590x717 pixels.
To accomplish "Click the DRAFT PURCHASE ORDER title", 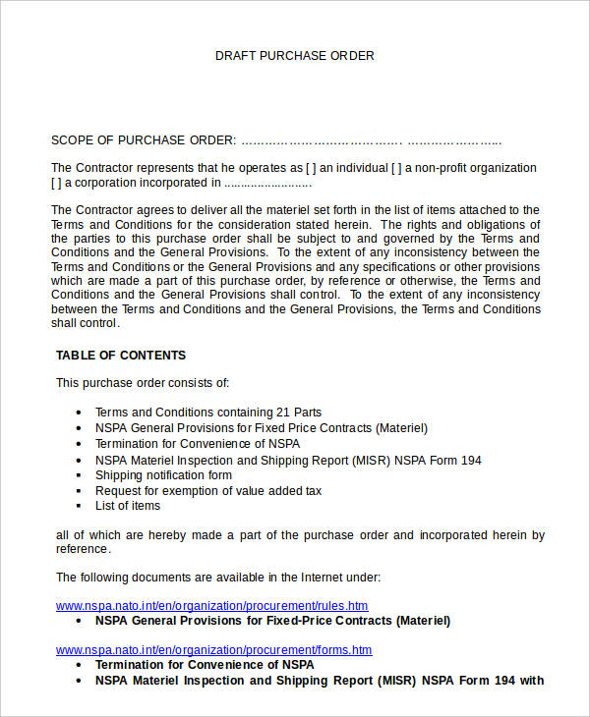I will [x=295, y=56].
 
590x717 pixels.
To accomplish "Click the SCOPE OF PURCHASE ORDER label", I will [x=144, y=140].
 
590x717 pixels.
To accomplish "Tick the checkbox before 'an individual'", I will [x=311, y=168].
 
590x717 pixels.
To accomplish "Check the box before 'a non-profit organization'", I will [x=396, y=168].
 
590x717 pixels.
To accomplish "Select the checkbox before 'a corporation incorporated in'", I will [x=56, y=183].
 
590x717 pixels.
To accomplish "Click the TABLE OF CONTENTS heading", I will [x=121, y=356].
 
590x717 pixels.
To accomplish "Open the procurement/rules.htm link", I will [x=211, y=606].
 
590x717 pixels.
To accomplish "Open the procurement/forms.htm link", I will [x=213, y=650].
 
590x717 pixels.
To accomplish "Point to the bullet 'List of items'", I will [x=128, y=506].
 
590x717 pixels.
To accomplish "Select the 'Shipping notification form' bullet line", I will [x=163, y=475].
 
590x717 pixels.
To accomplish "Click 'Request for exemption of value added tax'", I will [x=208, y=491].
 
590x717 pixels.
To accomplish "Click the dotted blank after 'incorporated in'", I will [x=267, y=183].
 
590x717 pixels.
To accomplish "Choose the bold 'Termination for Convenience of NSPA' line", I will [x=205, y=665].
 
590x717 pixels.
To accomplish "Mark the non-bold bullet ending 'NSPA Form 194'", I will [x=288, y=460].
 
